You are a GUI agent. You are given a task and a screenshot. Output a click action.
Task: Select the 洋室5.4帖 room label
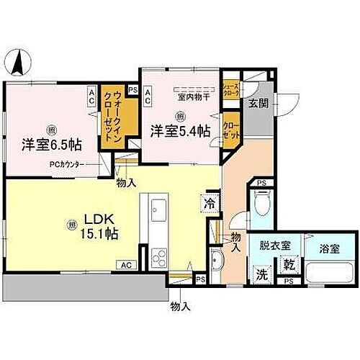180,131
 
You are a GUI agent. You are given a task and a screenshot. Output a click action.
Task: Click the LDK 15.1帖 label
103,225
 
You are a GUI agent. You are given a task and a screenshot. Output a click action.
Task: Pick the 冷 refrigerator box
211,203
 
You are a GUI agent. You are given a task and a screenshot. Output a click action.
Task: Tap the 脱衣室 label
274,246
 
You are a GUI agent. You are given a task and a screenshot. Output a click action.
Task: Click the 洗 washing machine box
260,274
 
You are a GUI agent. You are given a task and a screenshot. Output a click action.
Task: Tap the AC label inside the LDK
127,265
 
